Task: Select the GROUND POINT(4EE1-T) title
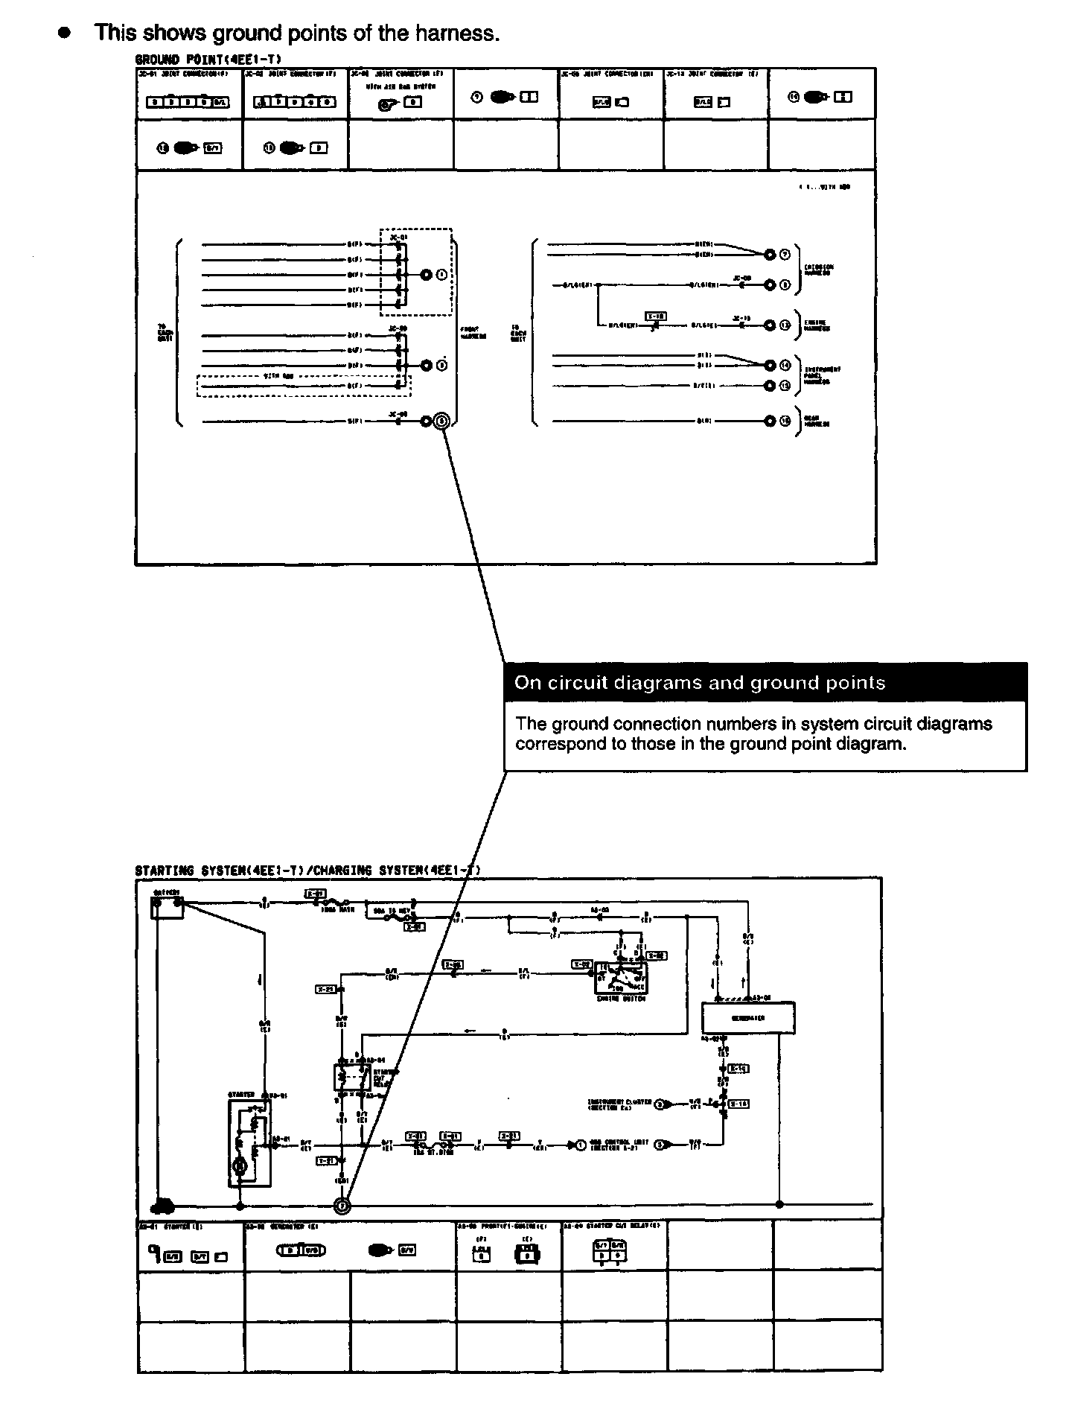coord(208,59)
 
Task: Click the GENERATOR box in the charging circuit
coord(748,1018)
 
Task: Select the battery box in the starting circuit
coord(167,906)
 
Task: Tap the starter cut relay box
coord(351,1077)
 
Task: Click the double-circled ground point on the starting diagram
coord(342,1204)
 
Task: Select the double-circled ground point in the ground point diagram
coord(442,421)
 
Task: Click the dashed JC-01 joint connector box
coord(415,272)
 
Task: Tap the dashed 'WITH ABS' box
coord(304,386)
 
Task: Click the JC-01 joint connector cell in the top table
coord(190,94)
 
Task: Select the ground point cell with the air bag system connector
coord(401,94)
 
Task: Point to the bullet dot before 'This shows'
coord(65,34)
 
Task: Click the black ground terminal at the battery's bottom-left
coord(162,1206)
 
